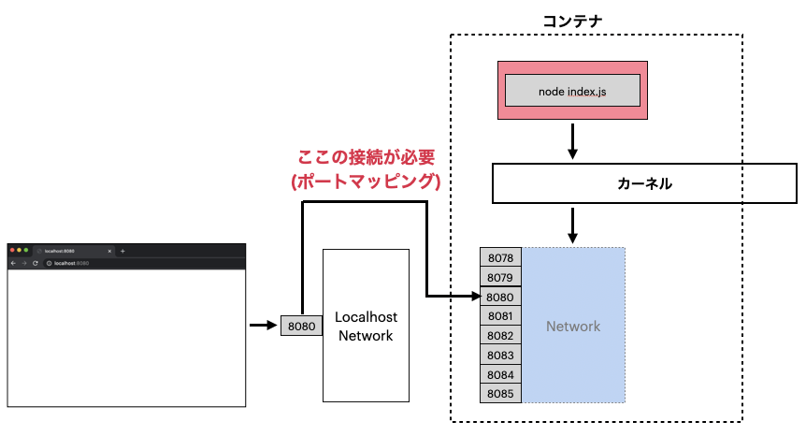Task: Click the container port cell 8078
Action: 500,257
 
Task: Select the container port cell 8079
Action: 500,277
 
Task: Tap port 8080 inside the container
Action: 500,297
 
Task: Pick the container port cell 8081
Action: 500,316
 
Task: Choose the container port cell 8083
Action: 500,355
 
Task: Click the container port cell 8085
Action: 500,394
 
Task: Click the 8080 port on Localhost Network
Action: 301,327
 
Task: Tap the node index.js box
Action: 571,91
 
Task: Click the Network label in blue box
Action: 573,326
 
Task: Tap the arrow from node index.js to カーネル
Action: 572,140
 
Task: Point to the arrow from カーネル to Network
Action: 572,225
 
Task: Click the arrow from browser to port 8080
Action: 263,326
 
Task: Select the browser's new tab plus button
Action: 122,251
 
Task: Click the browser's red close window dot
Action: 12,251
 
